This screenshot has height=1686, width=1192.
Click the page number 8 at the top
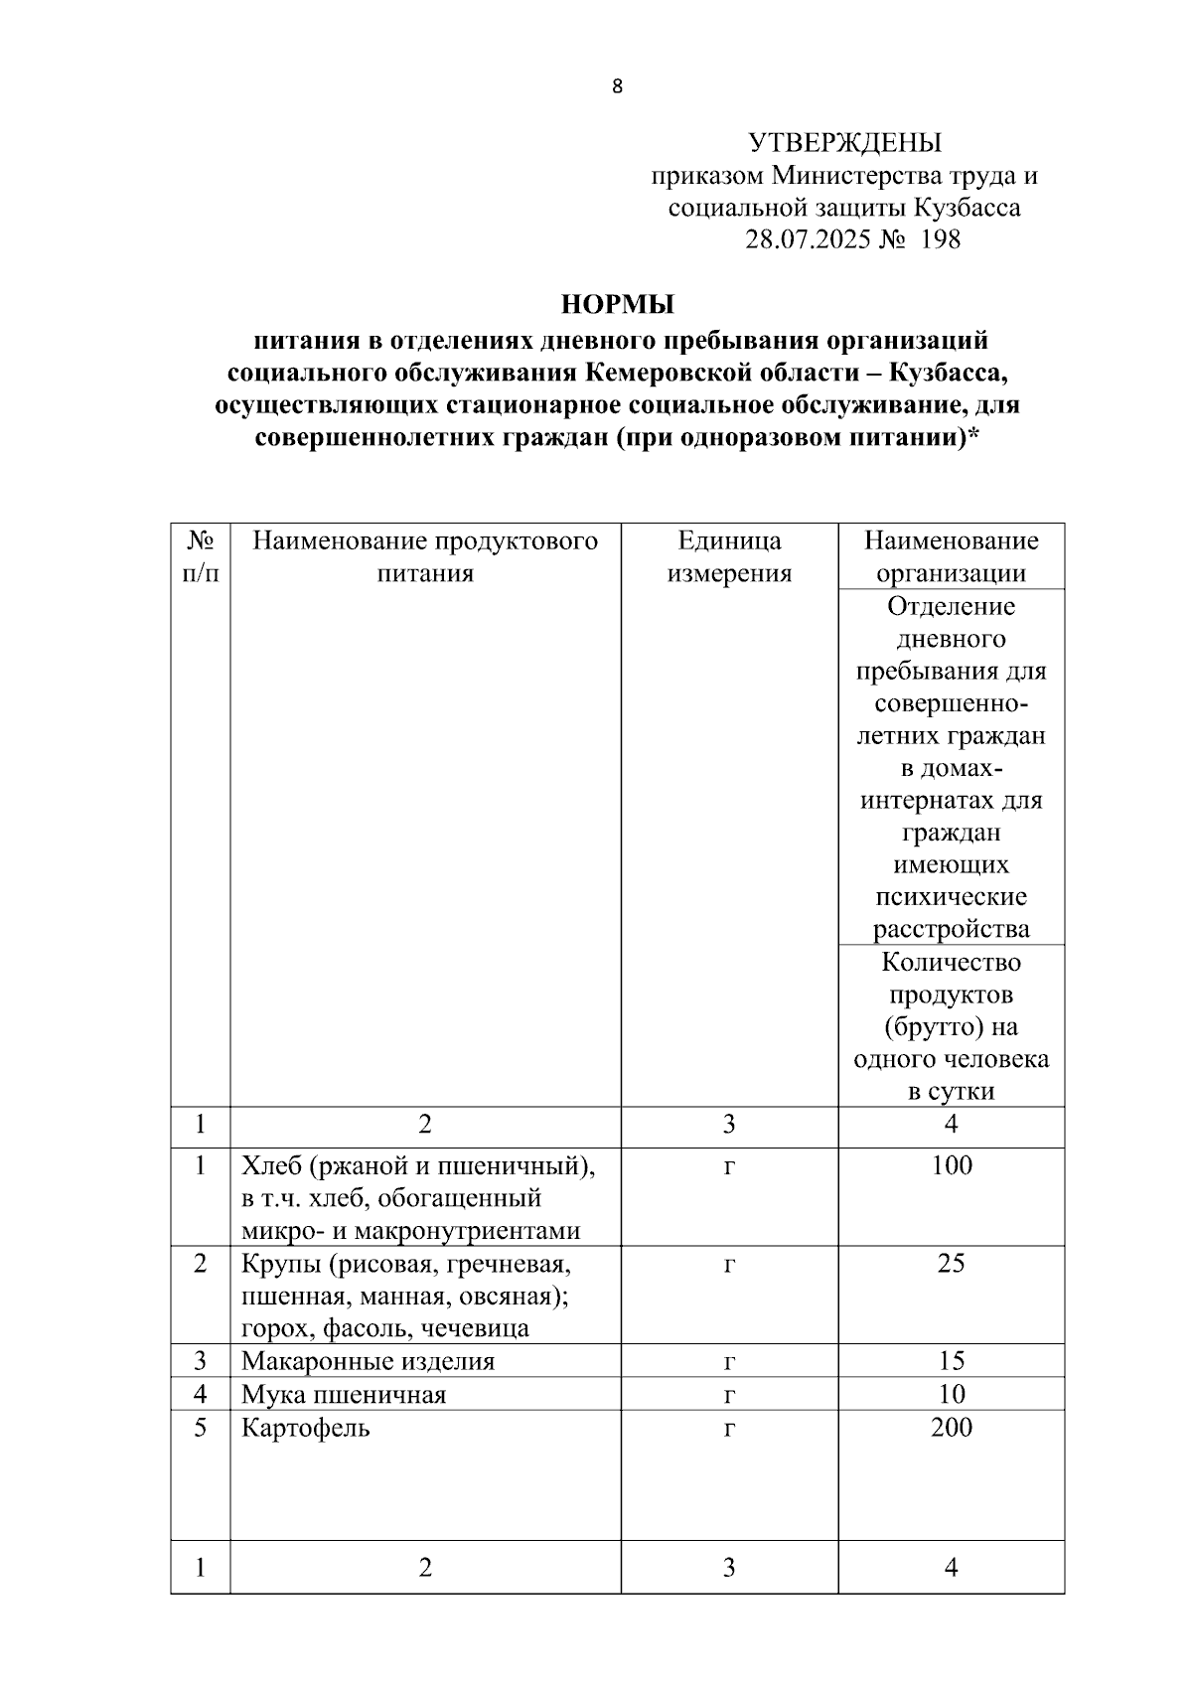tap(617, 86)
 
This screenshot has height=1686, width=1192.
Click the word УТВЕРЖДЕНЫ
tap(844, 143)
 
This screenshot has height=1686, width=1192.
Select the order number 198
tap(941, 239)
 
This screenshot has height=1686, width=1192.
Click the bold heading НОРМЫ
tap(617, 304)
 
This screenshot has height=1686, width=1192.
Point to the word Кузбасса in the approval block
tap(967, 208)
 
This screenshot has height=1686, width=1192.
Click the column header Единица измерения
tap(729, 556)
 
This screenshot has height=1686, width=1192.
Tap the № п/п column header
tap(201, 556)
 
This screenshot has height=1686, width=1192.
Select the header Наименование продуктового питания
tap(425, 556)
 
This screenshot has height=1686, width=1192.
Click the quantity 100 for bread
tap(952, 1165)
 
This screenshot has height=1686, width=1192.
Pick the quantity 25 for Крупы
tap(952, 1264)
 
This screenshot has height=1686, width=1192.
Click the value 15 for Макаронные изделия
tap(952, 1361)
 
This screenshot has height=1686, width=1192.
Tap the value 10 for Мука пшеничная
tap(952, 1394)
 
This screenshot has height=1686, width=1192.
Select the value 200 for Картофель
tap(952, 1428)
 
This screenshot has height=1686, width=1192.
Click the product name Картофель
tap(306, 1429)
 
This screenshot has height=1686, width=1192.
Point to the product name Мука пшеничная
tap(344, 1395)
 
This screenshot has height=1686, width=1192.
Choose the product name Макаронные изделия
tap(368, 1361)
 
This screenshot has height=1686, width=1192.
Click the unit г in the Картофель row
tap(729, 1429)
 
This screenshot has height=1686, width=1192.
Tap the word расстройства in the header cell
tap(952, 930)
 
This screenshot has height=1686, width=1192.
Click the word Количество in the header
tap(952, 962)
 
